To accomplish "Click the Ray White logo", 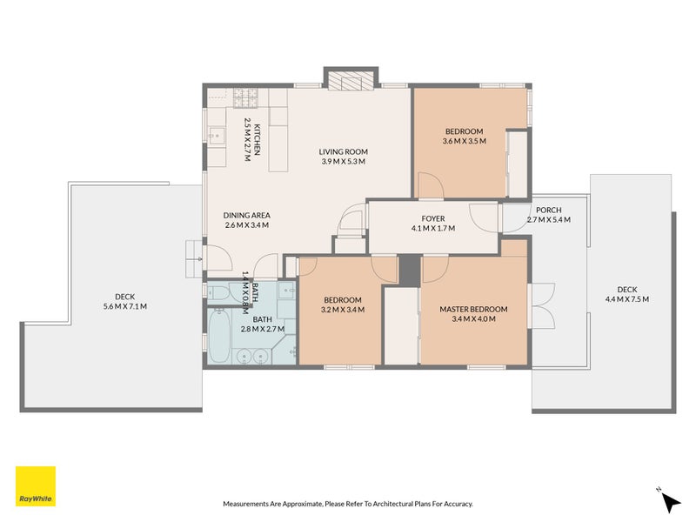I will pyautogui.click(x=36, y=487).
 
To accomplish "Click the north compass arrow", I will pyautogui.click(x=670, y=501).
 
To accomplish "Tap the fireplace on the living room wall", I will pyautogui.click(x=350, y=81).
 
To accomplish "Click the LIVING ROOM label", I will pyautogui.click(x=344, y=151).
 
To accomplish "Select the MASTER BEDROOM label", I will pyautogui.click(x=473, y=309).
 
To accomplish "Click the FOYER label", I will pyautogui.click(x=433, y=218).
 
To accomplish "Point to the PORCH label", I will pyautogui.click(x=548, y=210).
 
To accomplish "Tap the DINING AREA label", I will pyautogui.click(x=246, y=215).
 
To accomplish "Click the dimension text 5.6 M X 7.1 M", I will pyautogui.click(x=125, y=306).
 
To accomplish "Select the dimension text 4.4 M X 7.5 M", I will pyautogui.click(x=626, y=299).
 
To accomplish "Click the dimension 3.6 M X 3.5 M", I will pyautogui.click(x=464, y=141).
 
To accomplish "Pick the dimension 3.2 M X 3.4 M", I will pyautogui.click(x=342, y=309).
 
